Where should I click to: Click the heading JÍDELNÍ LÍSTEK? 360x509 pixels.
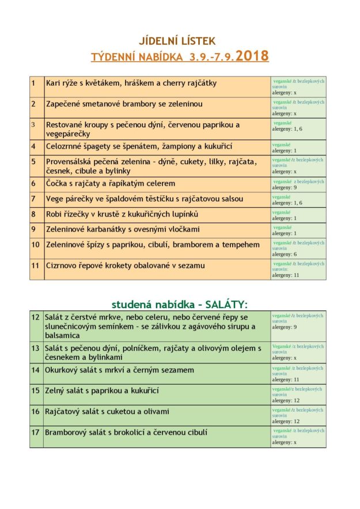[x=177, y=40]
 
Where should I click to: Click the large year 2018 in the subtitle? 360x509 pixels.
[x=252, y=56]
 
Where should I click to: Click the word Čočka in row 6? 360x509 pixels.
[x=57, y=183]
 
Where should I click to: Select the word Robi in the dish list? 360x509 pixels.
[x=54, y=214]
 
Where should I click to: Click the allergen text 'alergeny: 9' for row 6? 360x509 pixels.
[x=285, y=187]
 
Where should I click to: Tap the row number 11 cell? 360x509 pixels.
[x=35, y=265]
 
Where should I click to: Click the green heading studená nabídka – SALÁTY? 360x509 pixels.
[x=175, y=304]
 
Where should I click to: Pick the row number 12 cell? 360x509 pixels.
[x=35, y=317]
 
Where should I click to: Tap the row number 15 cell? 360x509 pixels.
[x=35, y=390]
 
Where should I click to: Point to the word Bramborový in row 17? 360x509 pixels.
[x=69, y=432]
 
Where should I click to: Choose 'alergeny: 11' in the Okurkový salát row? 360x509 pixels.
[x=286, y=380]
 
